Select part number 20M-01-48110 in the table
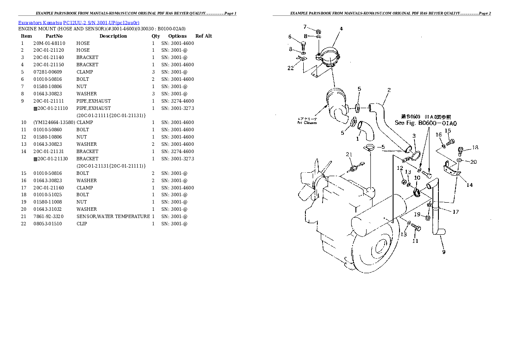[x=49, y=43]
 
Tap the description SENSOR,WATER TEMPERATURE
[x=113, y=216]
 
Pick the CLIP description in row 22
[x=82, y=224]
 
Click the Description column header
[x=113, y=36]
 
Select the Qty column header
[x=156, y=36]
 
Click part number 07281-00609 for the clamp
[x=48, y=72]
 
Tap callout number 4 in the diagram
[x=341, y=29]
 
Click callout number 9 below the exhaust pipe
[x=444, y=252]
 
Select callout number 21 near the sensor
[x=349, y=155]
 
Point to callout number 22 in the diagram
[x=290, y=68]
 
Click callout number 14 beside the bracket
[x=470, y=185]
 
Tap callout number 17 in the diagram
[x=456, y=212]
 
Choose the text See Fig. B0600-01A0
[x=426, y=123]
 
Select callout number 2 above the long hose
[x=389, y=90]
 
